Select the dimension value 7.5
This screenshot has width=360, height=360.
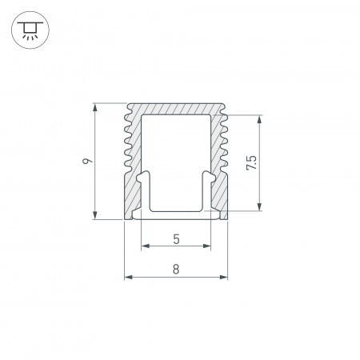251,163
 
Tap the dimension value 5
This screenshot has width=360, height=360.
176,238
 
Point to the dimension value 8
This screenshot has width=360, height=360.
176,270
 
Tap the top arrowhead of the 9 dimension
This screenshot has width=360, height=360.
95,106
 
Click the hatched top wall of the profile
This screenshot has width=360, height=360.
176,110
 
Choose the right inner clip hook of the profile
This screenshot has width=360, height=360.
209,181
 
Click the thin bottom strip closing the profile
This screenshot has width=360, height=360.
176,215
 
